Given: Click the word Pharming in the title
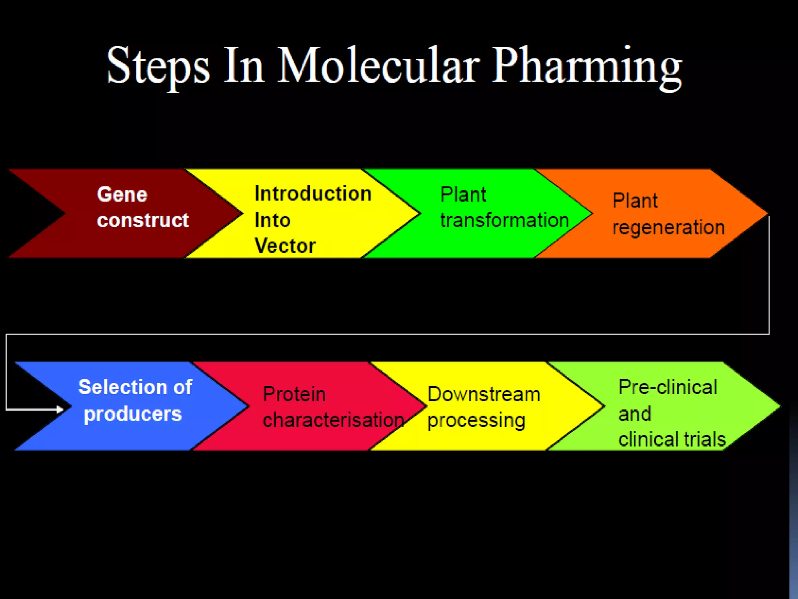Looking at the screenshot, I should click(x=586, y=66).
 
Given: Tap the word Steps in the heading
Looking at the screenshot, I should click(x=158, y=66).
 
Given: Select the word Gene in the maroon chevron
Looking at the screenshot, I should click(x=122, y=194).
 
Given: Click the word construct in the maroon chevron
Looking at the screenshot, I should click(x=143, y=220).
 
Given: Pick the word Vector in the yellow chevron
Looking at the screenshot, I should click(x=285, y=246).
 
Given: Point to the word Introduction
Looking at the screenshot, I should click(x=313, y=194).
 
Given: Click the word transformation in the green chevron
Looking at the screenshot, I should click(x=504, y=220).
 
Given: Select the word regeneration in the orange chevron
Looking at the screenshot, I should click(x=668, y=227).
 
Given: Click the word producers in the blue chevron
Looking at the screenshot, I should click(x=132, y=414).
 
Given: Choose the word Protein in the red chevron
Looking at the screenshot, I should click(x=294, y=394).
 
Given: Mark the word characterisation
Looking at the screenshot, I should click(x=333, y=420).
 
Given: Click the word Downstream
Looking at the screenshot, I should click(x=484, y=394).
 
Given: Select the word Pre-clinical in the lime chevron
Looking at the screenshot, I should click(x=667, y=387).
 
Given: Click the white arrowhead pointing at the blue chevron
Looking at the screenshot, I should click(x=60, y=409).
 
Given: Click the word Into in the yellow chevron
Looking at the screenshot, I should click(x=272, y=220).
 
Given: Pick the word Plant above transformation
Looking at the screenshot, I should click(x=463, y=194).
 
